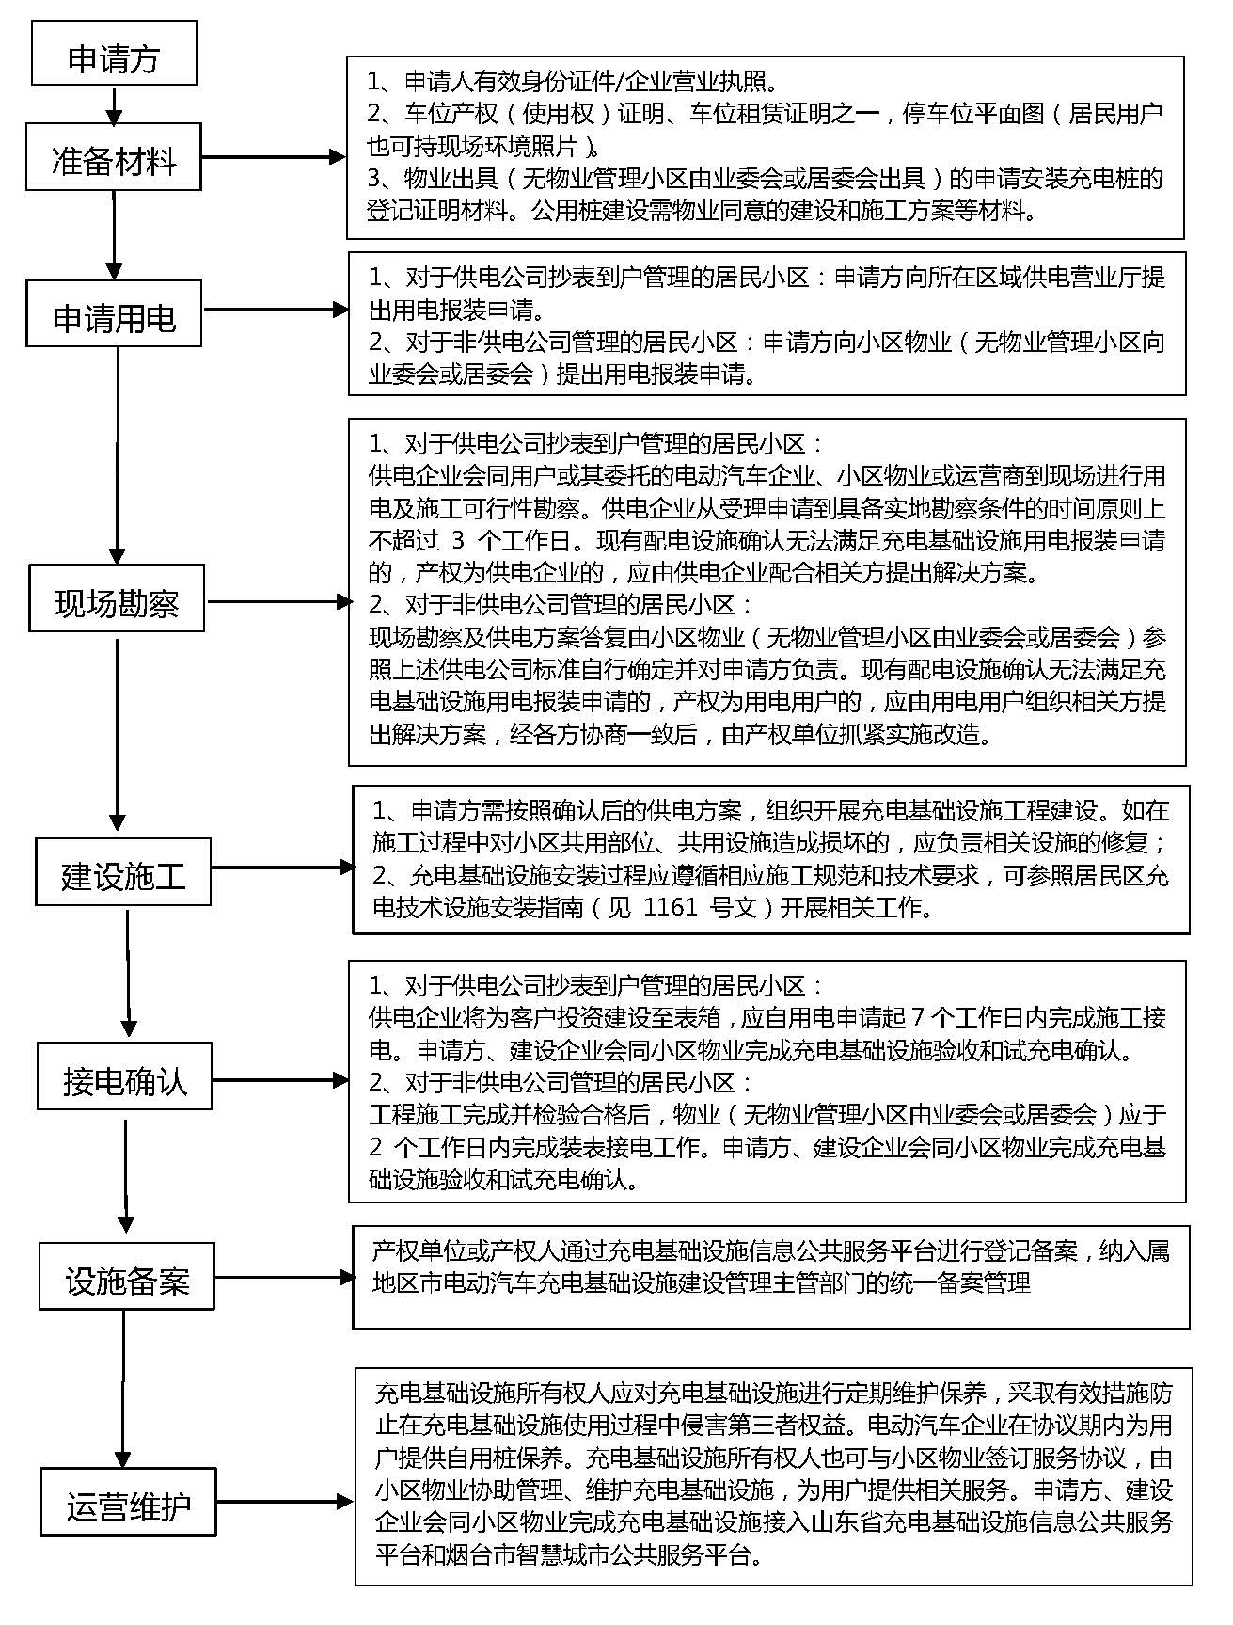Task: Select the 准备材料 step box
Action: [113, 158]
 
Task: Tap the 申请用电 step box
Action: [114, 313]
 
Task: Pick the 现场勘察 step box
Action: [117, 598]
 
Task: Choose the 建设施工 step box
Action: [123, 872]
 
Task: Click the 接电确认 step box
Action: [125, 1076]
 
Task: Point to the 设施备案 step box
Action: [127, 1276]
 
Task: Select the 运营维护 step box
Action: [129, 1502]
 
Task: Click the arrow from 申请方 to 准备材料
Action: [114, 105]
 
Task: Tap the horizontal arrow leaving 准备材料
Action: [274, 157]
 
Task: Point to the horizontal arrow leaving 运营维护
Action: [285, 1503]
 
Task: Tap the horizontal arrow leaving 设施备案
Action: [283, 1277]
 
